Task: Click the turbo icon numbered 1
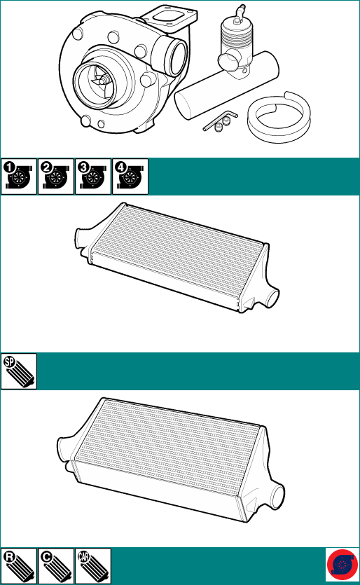pyautogui.click(x=19, y=177)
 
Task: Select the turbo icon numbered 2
pyautogui.click(x=56, y=177)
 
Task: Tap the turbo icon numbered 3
pyautogui.click(x=93, y=177)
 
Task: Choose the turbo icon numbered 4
pyautogui.click(x=130, y=177)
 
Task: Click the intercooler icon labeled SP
pyautogui.click(x=19, y=371)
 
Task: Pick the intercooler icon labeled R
pyautogui.click(x=19, y=566)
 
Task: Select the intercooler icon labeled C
pyautogui.click(x=56, y=566)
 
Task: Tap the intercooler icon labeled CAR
pyautogui.click(x=93, y=566)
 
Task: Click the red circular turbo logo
pyautogui.click(x=342, y=565)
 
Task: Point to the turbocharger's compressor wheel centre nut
pyautogui.click(x=104, y=79)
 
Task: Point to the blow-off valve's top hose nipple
pyautogui.click(x=240, y=12)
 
